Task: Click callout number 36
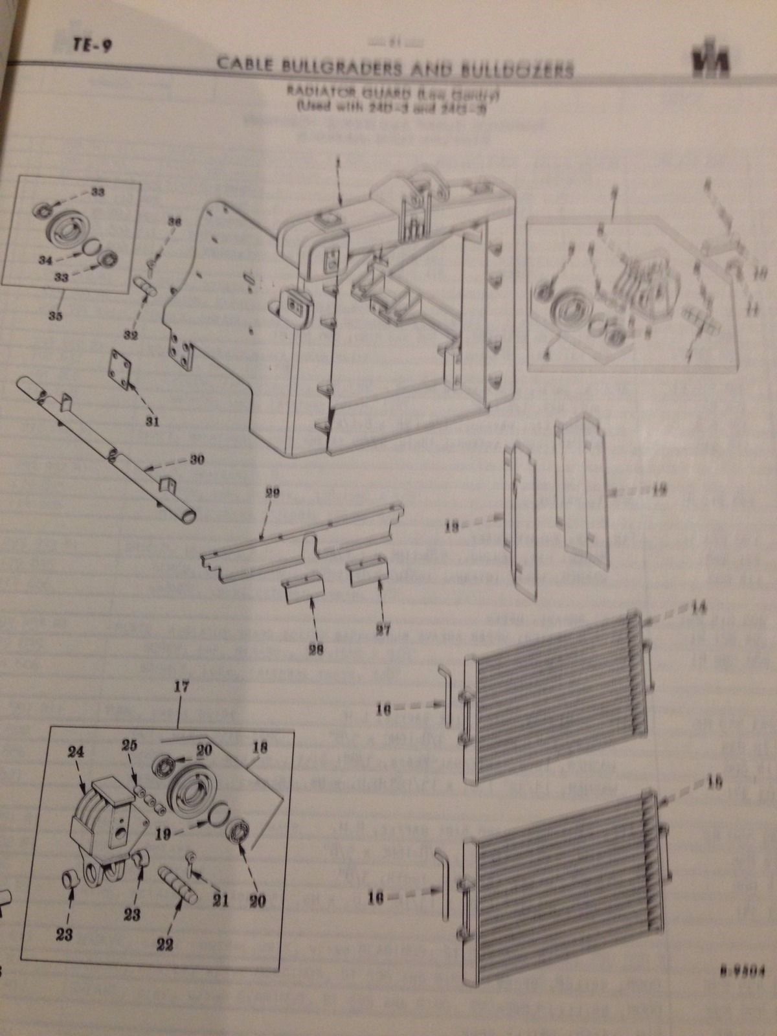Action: click(x=174, y=222)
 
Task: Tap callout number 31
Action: click(x=152, y=421)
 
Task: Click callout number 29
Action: click(x=272, y=494)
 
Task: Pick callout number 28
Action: click(x=317, y=648)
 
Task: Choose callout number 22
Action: click(x=165, y=945)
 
